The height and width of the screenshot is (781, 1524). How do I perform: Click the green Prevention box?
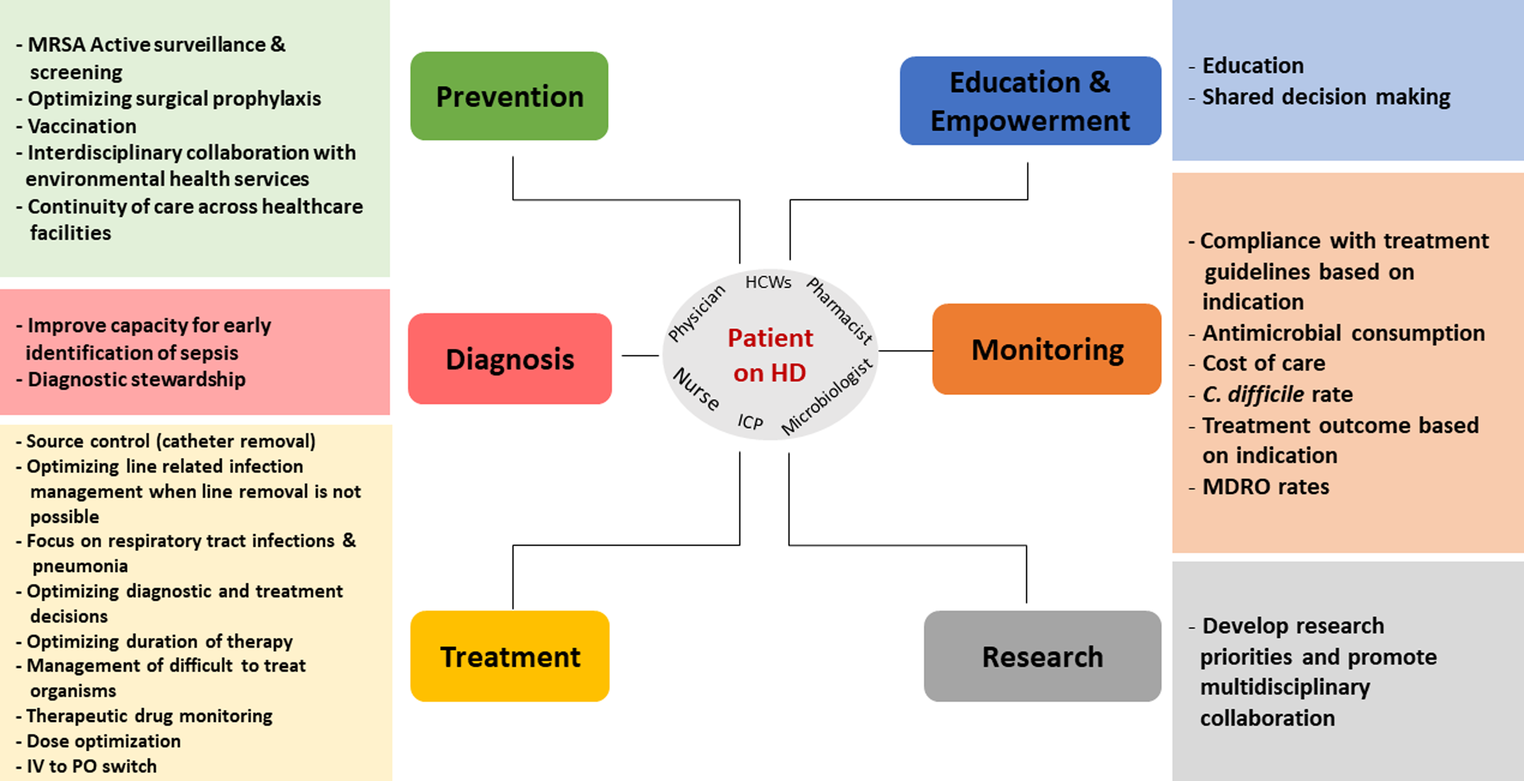(509, 96)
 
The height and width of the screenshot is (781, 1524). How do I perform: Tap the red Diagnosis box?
(510, 359)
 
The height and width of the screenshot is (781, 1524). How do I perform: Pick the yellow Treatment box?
(510, 656)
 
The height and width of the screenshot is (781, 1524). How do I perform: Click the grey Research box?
(1042, 656)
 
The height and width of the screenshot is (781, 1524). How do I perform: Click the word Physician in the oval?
(696, 313)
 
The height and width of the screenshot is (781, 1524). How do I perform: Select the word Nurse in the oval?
(697, 389)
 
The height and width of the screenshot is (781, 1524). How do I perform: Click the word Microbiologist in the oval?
(827, 397)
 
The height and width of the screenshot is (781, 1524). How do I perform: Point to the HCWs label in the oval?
(768, 282)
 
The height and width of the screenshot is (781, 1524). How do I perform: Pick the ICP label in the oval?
(750, 422)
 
